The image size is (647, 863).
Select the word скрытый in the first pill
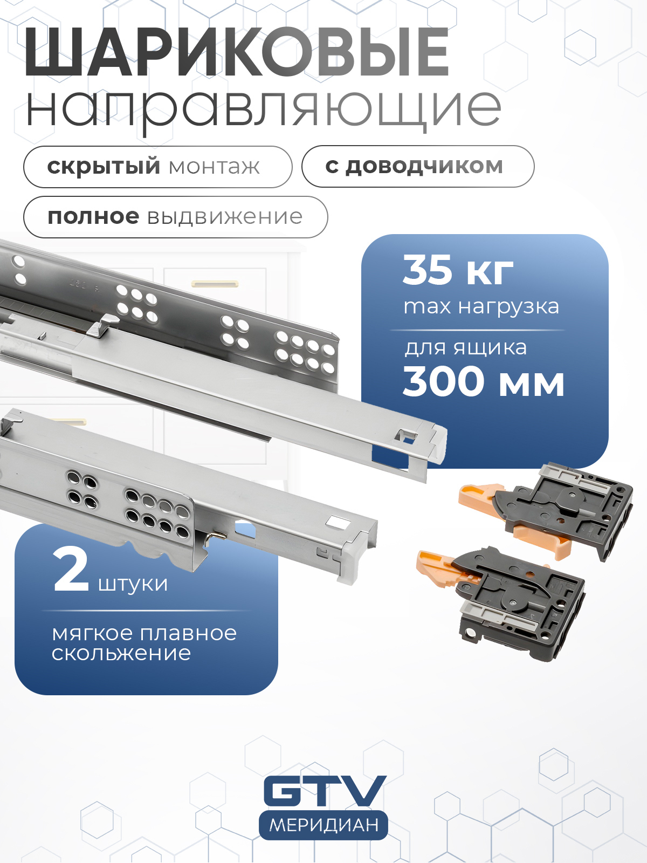click(104, 167)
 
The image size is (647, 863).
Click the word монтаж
click(215, 167)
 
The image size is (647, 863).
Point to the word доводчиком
click(425, 167)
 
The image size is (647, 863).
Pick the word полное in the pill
click(93, 217)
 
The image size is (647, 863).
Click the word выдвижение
click(225, 217)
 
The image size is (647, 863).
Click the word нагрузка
click(509, 307)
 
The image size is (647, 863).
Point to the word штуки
click(133, 584)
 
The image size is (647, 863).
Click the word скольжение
click(121, 653)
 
